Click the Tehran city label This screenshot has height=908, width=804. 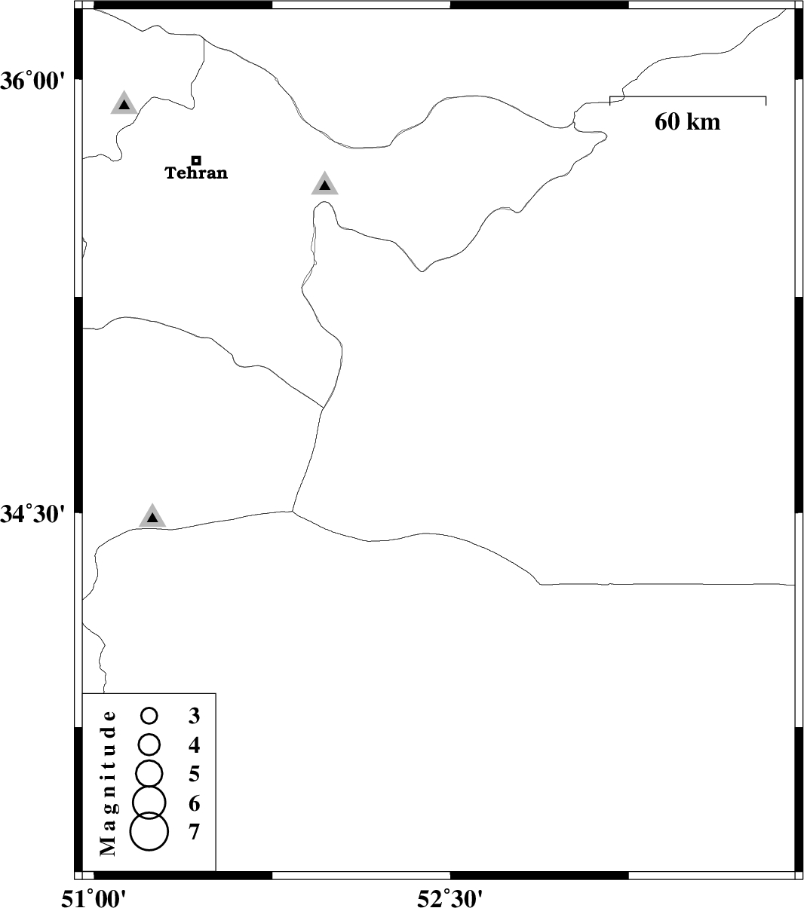coord(196,173)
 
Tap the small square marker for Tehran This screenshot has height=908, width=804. coord(196,160)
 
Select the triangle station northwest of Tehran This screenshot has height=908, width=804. coord(124,104)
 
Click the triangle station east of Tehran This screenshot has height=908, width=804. coord(324,184)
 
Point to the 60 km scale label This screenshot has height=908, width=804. coord(687,121)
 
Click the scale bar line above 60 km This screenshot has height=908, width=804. coord(687,97)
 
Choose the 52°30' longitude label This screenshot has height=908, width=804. coord(450,897)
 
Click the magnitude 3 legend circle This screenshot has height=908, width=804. coord(149,715)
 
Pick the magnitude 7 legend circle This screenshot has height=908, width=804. coord(149,832)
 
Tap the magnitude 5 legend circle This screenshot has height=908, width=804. coord(149,773)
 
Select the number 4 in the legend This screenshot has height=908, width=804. coord(195,745)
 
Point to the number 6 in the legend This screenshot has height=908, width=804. coord(195,803)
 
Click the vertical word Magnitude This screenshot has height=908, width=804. coord(109,783)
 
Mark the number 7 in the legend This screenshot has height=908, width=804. coord(195,833)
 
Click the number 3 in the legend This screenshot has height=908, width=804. coord(195,716)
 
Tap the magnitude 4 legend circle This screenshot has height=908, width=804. coord(149,744)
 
